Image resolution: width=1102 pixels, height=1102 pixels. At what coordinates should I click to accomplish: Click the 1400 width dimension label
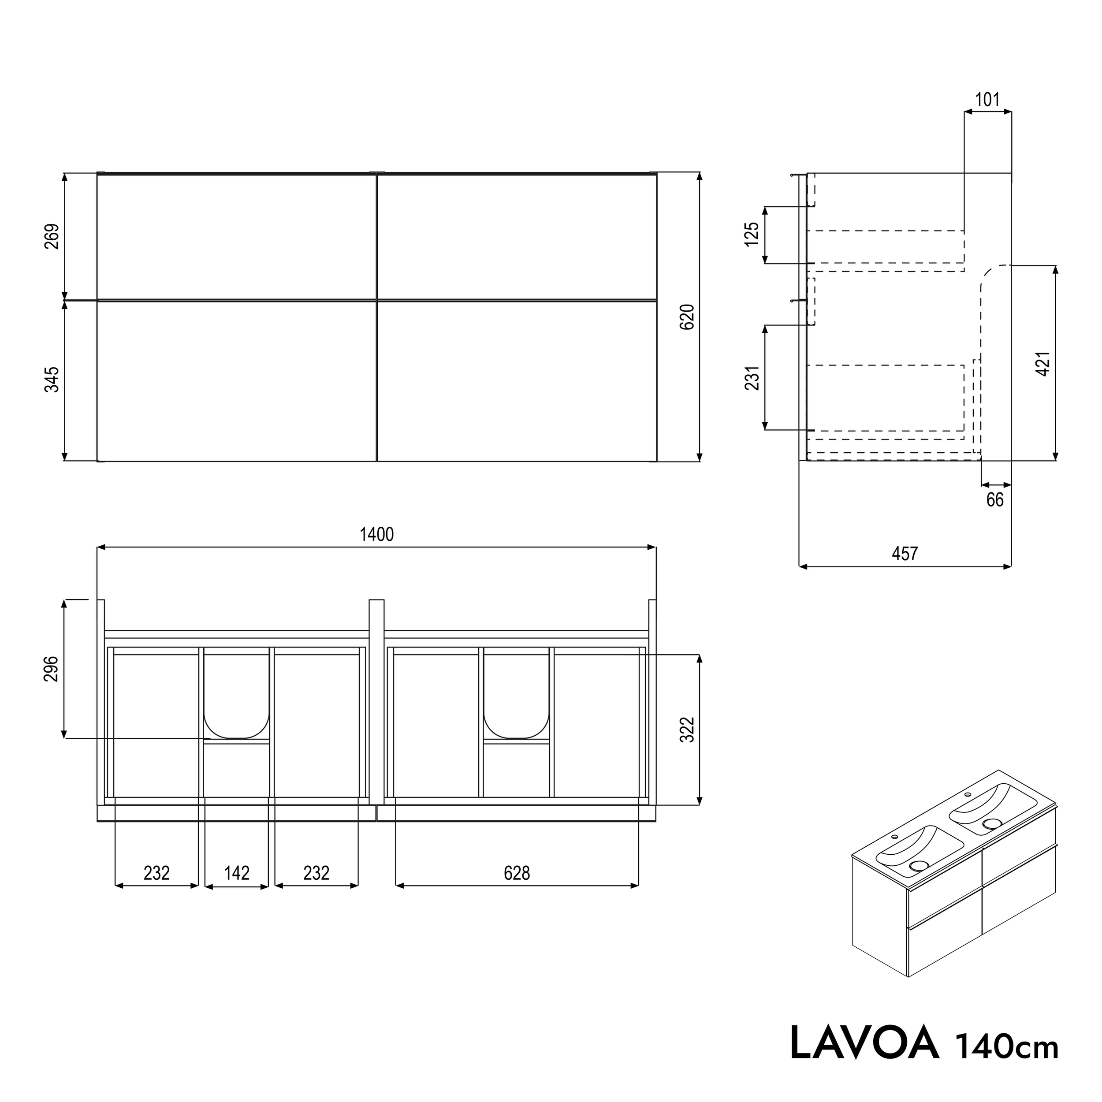376,534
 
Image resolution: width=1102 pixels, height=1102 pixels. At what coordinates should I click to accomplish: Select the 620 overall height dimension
688,316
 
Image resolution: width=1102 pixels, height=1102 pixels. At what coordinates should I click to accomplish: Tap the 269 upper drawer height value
52,236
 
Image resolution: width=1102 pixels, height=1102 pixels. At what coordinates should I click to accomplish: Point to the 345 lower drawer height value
52,380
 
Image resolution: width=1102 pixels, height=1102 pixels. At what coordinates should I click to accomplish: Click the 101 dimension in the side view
987,100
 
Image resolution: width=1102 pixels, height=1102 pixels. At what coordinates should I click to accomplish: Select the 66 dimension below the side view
995,500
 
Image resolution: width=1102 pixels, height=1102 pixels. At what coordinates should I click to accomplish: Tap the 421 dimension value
1042,363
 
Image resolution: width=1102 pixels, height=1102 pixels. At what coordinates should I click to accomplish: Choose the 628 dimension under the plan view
517,873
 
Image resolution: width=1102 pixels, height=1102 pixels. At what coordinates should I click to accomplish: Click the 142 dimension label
237,873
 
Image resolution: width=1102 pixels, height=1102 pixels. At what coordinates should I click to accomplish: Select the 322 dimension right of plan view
688,730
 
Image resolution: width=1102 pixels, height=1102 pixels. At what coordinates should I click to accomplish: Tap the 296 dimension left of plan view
52,669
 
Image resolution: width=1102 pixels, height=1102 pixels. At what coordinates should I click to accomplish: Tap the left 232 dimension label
156,873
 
